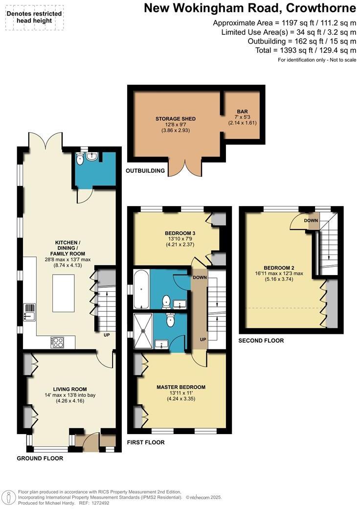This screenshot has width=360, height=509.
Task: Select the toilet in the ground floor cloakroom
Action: point(81,160)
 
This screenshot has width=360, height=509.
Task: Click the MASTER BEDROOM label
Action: point(181,387)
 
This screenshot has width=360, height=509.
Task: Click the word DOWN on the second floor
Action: point(311,221)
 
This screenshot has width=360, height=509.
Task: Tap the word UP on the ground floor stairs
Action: point(106,336)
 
